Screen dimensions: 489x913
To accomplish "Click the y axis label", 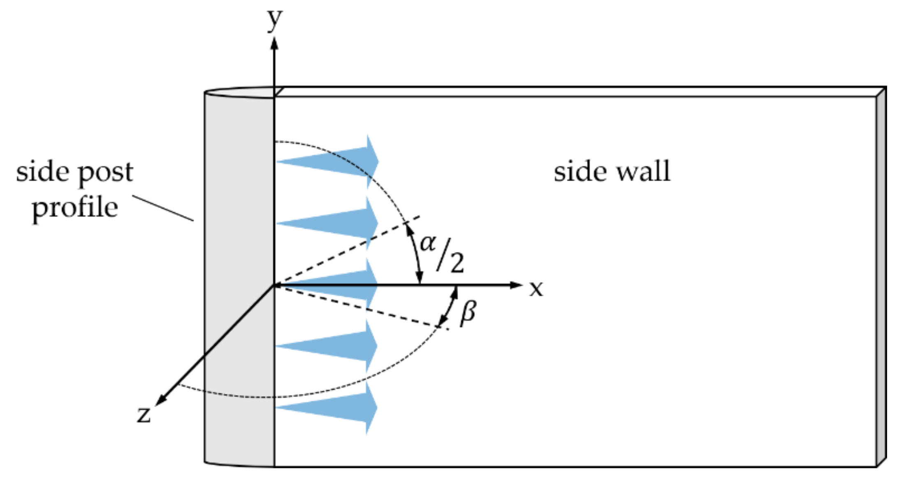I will [x=274, y=20].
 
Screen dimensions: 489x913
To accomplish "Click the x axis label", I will [x=536, y=289].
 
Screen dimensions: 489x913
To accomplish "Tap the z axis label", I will [x=144, y=414].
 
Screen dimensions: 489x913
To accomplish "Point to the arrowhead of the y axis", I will [x=274, y=44].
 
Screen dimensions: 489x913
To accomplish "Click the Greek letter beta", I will [x=468, y=313].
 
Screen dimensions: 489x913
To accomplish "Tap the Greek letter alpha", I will [x=428, y=242].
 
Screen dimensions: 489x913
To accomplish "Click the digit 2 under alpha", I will [x=457, y=263].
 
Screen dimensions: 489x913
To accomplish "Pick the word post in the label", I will [x=106, y=172].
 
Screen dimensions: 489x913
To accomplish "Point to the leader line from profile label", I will [x=163, y=208].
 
